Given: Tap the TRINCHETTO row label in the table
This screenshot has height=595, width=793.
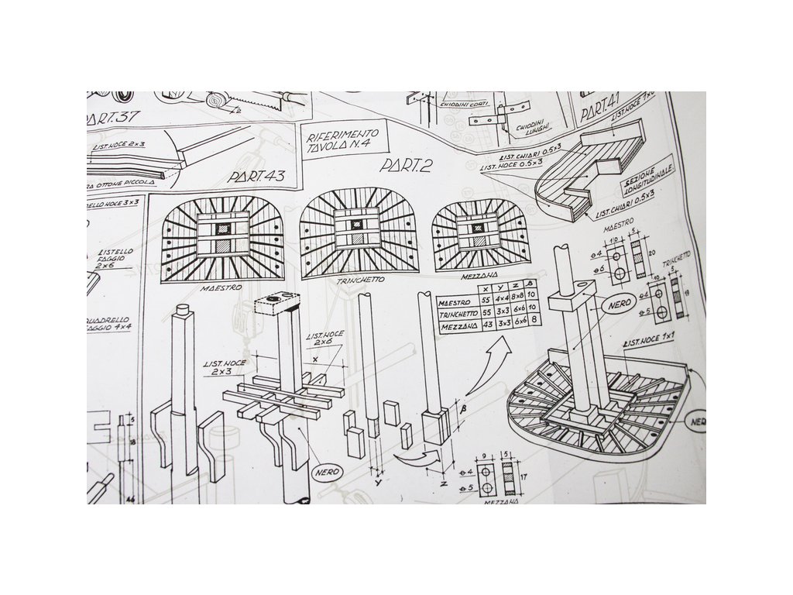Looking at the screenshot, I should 459,315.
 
